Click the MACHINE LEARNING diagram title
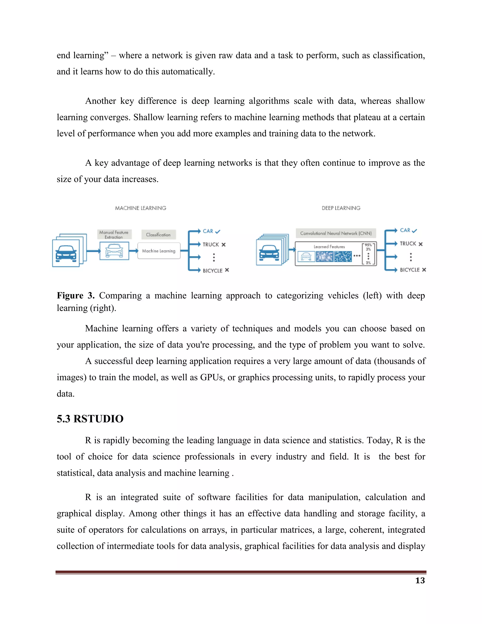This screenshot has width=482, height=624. coord(141,208)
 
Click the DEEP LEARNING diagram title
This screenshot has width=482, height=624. coord(341,208)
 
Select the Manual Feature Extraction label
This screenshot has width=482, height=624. coord(114,235)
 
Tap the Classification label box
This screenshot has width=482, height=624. coord(158,235)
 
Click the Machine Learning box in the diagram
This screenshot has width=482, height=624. coord(159,251)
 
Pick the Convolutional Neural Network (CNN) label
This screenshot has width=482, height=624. coord(336,233)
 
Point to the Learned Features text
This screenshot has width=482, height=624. coord(329,247)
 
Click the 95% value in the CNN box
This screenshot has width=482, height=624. coord(368,245)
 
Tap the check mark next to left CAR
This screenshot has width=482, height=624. coord(218,231)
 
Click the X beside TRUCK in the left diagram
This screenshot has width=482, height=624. coord(224,245)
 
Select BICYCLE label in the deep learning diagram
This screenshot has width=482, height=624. coord(410,270)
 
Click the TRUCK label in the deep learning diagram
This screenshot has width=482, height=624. coord(408,243)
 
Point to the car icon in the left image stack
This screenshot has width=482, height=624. coord(66,253)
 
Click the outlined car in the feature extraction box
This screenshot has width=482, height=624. coord(114,251)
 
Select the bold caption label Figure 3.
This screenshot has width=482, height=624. coord(76,296)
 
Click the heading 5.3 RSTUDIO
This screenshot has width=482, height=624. coord(90,419)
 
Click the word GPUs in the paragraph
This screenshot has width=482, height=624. coord(212,377)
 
